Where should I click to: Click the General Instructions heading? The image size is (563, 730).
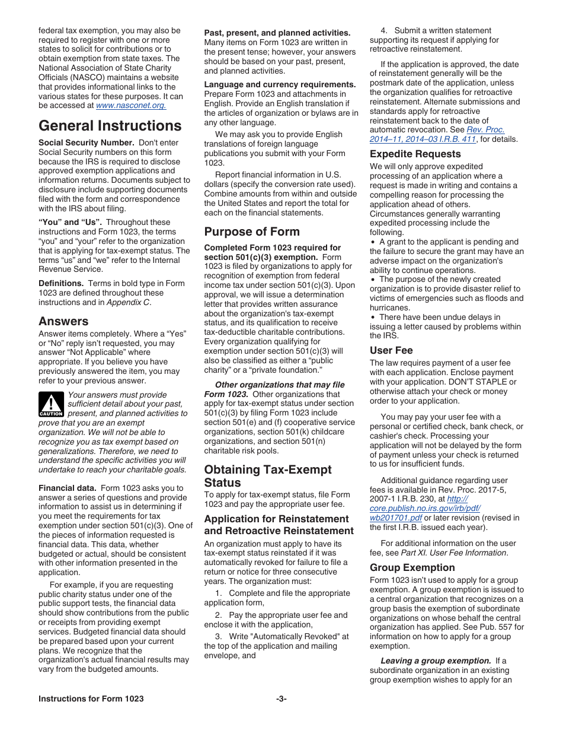[110, 126]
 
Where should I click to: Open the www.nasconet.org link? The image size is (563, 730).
[130, 106]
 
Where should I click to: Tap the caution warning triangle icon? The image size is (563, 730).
[51, 404]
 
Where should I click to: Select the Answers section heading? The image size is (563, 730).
[63, 321]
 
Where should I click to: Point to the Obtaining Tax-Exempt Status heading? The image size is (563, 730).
[268, 476]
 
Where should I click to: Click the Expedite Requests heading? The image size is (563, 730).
[415, 154]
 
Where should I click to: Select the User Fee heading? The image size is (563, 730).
[391, 350]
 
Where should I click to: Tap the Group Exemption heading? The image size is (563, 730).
[412, 567]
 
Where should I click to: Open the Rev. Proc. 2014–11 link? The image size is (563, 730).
[437, 135]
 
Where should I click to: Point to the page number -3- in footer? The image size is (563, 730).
[281, 699]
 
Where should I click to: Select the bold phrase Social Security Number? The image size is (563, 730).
[86, 142]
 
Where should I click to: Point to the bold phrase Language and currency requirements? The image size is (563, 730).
[280, 84]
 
